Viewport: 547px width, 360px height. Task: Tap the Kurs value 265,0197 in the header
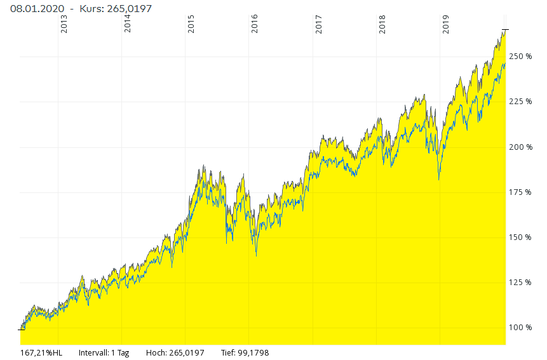(128, 9)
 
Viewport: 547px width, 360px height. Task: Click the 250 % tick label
(520, 57)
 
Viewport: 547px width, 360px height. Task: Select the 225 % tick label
(520, 102)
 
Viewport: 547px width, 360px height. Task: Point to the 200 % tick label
(520, 147)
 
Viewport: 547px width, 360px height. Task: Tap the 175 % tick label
(520, 192)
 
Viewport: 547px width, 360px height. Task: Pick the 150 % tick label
(520, 237)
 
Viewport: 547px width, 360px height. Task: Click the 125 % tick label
(520, 283)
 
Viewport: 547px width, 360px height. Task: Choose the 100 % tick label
(520, 328)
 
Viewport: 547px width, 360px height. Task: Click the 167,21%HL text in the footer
(42, 352)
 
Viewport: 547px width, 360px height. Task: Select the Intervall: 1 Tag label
(104, 352)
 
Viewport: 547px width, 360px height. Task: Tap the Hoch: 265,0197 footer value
(175, 352)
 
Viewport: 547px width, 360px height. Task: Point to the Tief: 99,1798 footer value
(245, 352)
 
